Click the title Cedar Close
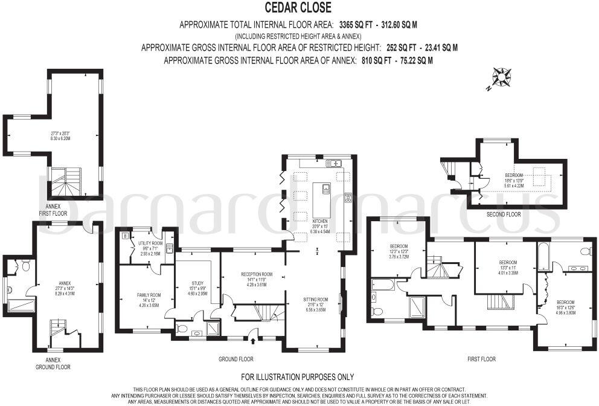(299, 7)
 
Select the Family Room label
(147, 295)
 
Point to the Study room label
(196, 283)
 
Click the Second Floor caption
(504, 214)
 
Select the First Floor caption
(481, 359)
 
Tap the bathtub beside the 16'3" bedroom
(542, 256)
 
